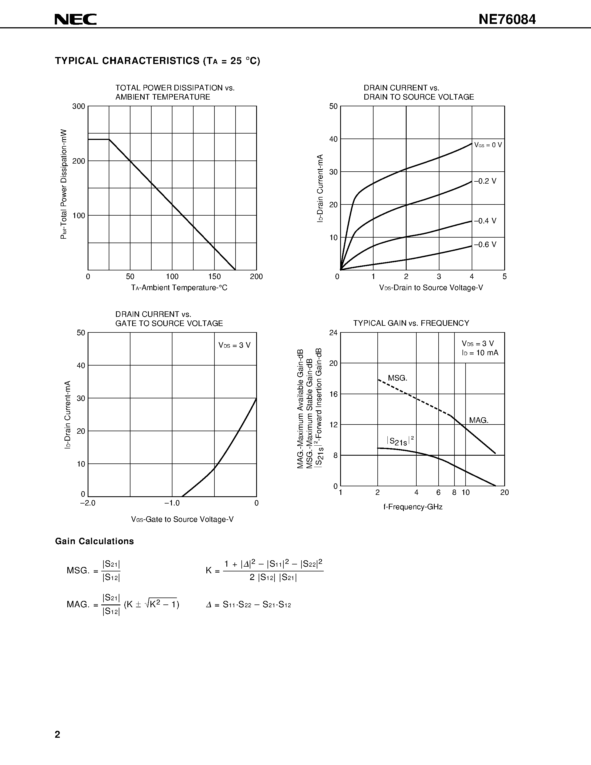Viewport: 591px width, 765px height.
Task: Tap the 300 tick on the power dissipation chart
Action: (79, 106)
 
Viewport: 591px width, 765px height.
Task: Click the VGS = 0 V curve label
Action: (488, 145)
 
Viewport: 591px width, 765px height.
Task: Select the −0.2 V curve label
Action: (485, 181)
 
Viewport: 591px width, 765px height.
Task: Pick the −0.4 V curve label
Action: (485, 221)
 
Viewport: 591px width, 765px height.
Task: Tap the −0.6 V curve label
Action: (485, 245)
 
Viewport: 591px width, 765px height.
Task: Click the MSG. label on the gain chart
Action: (398, 378)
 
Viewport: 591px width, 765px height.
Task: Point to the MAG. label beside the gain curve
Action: (479, 420)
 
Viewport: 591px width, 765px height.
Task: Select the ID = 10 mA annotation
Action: (480, 353)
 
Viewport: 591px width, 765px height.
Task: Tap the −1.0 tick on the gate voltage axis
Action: (172, 503)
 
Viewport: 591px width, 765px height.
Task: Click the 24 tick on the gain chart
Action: (333, 332)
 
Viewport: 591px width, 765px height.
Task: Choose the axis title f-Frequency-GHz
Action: (413, 507)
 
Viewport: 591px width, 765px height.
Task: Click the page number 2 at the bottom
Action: (57, 734)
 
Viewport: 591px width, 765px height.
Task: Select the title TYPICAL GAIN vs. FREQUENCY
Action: (411, 323)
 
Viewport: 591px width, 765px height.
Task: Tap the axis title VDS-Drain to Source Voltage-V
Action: (431, 288)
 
